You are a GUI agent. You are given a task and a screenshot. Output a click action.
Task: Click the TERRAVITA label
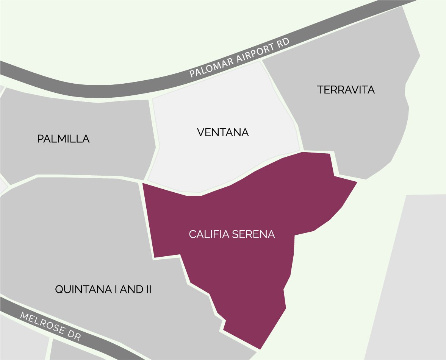click(346, 90)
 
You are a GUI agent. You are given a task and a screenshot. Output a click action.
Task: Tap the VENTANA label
click(223, 133)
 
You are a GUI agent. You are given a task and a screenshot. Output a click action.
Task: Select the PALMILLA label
click(63, 139)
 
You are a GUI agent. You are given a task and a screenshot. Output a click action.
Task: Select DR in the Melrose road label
click(74, 336)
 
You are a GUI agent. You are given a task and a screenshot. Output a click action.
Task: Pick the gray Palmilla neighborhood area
click(76, 159)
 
